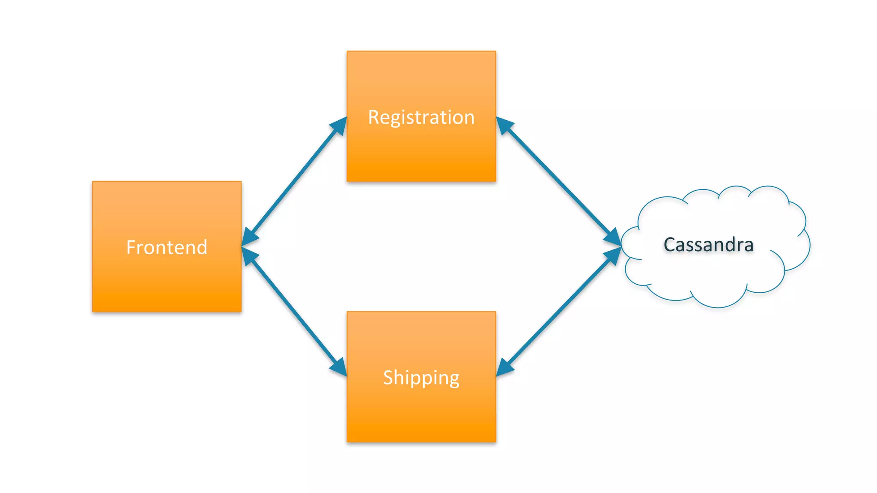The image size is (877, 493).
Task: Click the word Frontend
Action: point(167,247)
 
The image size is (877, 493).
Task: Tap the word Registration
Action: point(421,117)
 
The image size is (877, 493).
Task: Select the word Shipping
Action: point(421,377)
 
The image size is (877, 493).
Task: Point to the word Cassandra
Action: point(708,245)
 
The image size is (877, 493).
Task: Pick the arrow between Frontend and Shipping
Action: point(294,312)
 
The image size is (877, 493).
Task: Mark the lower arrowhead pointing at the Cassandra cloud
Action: point(613,255)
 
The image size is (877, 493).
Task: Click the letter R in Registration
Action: point(373,118)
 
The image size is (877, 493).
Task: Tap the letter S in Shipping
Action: point(388,377)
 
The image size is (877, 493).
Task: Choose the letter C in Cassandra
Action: point(669,245)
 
